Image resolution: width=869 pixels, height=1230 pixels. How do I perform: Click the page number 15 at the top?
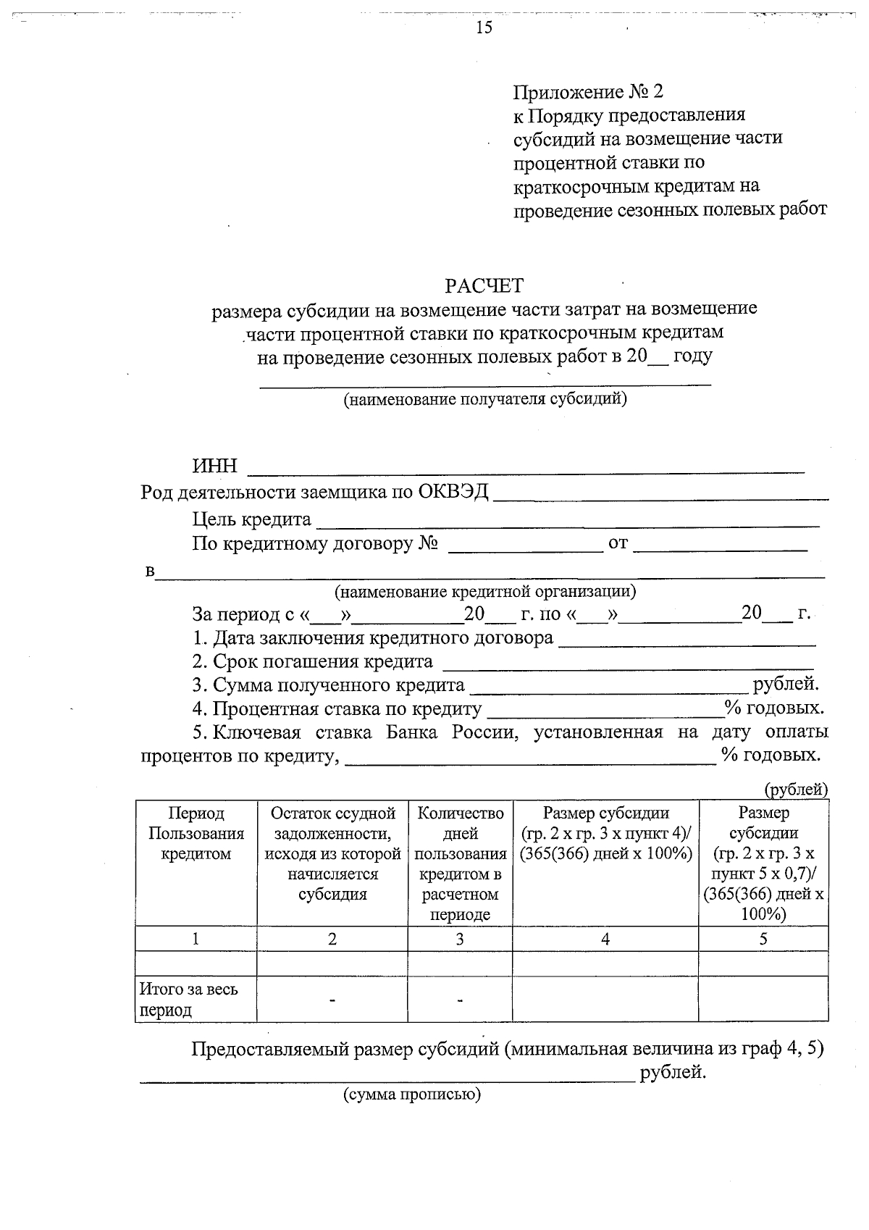pos(484,28)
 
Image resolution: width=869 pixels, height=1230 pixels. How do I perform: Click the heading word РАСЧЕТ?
pos(484,285)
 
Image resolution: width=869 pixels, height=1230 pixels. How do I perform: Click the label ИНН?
pos(214,467)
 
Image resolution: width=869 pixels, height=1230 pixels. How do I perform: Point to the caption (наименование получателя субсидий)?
pos(484,398)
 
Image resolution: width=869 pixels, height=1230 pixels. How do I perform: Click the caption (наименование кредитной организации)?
pos(484,591)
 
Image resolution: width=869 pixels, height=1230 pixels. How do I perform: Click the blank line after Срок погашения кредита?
pos(627,663)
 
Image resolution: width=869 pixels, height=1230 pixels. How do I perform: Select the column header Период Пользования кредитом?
pos(196,833)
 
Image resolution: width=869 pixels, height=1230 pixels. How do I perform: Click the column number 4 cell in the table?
pos(605,940)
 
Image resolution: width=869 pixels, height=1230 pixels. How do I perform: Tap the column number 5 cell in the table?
pos(763,940)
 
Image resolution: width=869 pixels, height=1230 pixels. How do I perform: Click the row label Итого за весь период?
pos(188,999)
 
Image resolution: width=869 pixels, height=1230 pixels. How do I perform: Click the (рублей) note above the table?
pos(796,790)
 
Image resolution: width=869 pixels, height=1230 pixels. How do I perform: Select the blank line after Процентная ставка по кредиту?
pos(605,709)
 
